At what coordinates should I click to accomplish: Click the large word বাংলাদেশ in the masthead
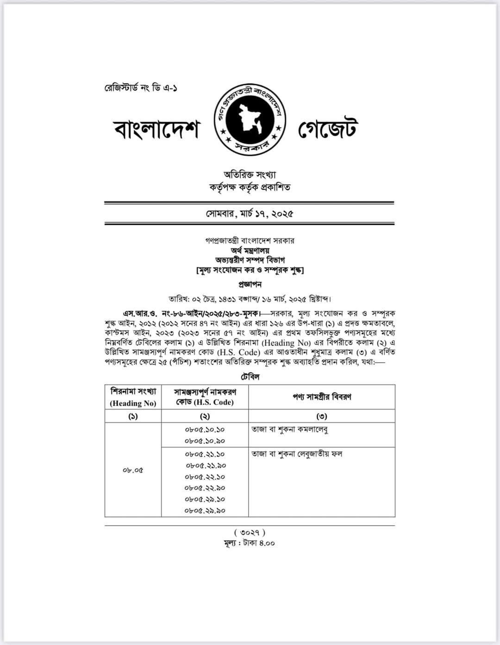[x=156, y=130]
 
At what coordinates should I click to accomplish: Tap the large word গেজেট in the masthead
[x=327, y=129]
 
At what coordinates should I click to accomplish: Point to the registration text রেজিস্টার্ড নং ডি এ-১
[x=141, y=88]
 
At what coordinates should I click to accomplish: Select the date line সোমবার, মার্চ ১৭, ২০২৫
[x=250, y=214]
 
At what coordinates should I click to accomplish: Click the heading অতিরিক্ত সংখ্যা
[x=250, y=175]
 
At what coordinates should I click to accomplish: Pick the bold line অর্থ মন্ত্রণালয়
[x=250, y=250]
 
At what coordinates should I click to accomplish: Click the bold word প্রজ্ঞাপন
[x=250, y=284]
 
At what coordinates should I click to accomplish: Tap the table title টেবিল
[x=250, y=377]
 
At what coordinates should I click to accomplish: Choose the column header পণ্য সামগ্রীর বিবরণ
[x=322, y=397]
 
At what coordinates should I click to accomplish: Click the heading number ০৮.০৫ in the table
[x=133, y=470]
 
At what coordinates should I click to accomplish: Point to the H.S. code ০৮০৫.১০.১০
[x=205, y=429]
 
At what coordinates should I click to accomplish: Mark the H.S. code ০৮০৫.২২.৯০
[x=205, y=488]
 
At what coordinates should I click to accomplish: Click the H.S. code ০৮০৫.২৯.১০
[x=205, y=499]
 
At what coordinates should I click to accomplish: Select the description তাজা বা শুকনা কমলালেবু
[x=290, y=429]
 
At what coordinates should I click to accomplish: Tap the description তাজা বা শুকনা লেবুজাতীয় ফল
[x=297, y=454]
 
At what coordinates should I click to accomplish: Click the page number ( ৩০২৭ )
[x=250, y=533]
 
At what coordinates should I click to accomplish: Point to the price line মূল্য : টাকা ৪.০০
[x=250, y=543]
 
